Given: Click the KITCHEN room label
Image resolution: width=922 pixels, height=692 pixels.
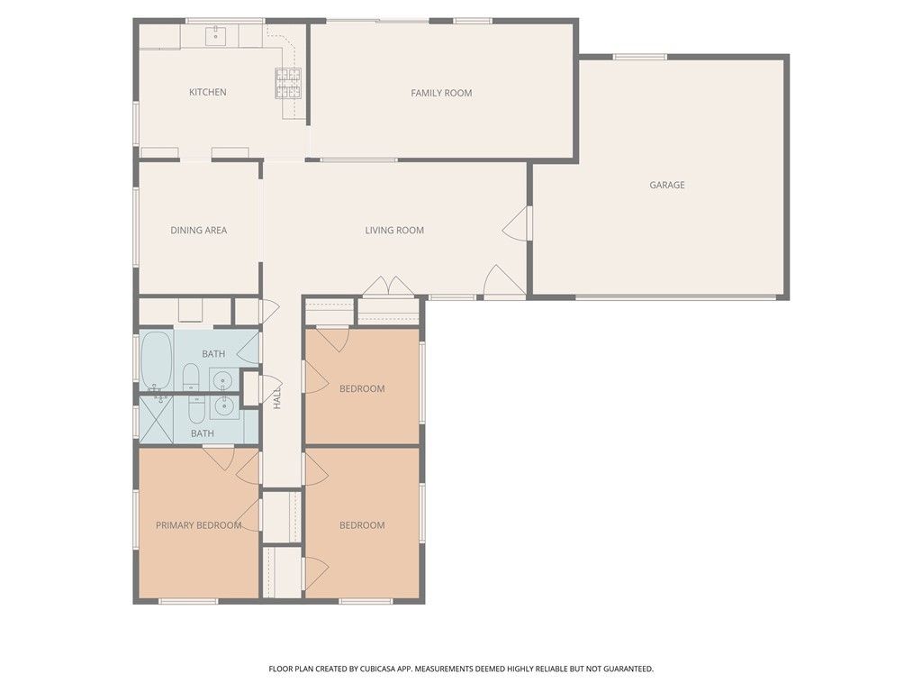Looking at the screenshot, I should [x=207, y=92].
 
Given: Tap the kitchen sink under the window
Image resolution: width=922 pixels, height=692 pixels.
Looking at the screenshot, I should [x=216, y=36].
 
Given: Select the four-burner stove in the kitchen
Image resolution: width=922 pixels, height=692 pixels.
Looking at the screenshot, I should [x=287, y=83].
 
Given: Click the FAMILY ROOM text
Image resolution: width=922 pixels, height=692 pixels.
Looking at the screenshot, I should [x=441, y=93].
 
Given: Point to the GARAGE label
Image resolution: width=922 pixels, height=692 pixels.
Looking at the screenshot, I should [x=667, y=185].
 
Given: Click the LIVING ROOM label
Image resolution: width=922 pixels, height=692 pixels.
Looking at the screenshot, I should [x=394, y=230].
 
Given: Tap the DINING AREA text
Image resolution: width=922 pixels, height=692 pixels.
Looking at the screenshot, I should [x=198, y=230].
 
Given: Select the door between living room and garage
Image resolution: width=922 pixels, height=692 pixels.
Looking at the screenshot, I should [x=520, y=223].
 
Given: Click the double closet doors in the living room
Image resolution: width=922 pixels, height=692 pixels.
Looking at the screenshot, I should [x=388, y=287].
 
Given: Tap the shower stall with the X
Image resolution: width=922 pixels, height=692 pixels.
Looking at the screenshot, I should [x=157, y=419].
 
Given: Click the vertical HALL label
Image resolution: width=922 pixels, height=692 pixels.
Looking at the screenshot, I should [x=277, y=396].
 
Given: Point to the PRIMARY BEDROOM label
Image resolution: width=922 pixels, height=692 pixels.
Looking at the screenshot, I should [x=198, y=525].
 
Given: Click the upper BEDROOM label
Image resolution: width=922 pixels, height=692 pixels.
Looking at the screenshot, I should [x=362, y=388].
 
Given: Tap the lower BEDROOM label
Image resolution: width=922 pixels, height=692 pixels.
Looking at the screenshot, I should [x=362, y=525].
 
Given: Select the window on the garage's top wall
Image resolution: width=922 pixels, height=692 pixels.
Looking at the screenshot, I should [x=640, y=57].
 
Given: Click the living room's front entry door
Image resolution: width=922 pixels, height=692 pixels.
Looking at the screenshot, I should [x=502, y=281].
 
